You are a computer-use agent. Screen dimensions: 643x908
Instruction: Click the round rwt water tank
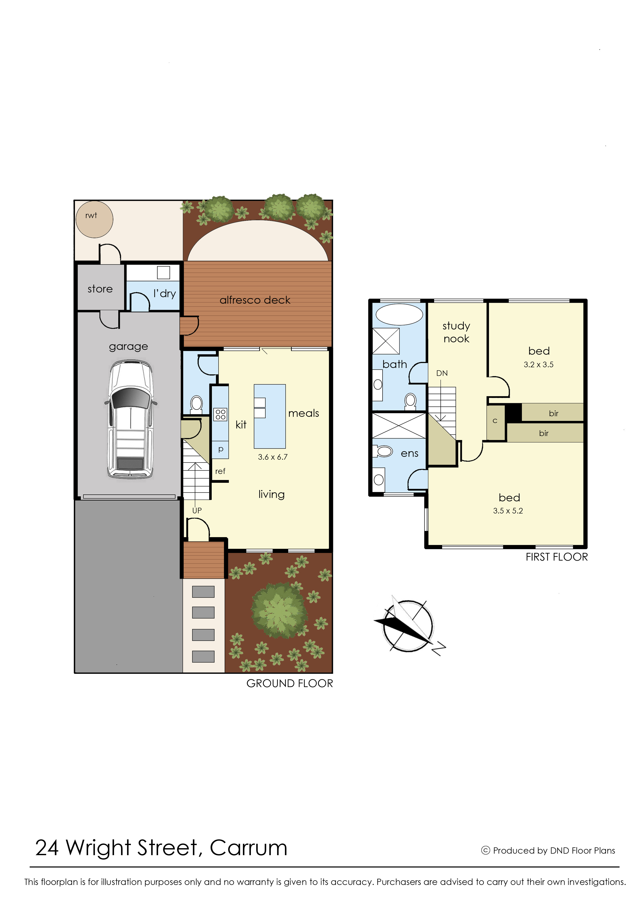point(94,219)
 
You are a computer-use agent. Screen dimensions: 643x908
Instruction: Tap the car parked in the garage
point(130,420)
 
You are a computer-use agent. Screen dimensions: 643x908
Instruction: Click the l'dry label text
point(165,294)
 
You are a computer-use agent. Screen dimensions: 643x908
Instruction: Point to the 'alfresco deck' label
point(255,300)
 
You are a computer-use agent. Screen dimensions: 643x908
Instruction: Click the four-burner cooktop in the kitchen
point(221,414)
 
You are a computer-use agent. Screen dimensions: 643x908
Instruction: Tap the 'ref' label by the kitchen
point(220,471)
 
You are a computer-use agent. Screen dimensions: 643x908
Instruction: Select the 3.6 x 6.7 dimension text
point(273,457)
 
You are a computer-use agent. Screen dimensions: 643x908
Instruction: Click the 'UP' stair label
point(197,510)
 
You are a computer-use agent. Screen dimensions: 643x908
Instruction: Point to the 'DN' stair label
point(442,373)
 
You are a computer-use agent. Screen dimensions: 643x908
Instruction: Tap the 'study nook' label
point(456,332)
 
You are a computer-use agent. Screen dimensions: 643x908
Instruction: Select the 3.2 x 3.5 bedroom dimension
point(539,365)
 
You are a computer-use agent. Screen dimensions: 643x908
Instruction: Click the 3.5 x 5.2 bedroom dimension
point(508,511)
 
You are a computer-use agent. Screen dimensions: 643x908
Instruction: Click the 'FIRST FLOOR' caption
point(557,557)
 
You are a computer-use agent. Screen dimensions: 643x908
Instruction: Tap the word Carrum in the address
point(248,848)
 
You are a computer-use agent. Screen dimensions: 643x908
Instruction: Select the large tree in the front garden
point(280,610)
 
